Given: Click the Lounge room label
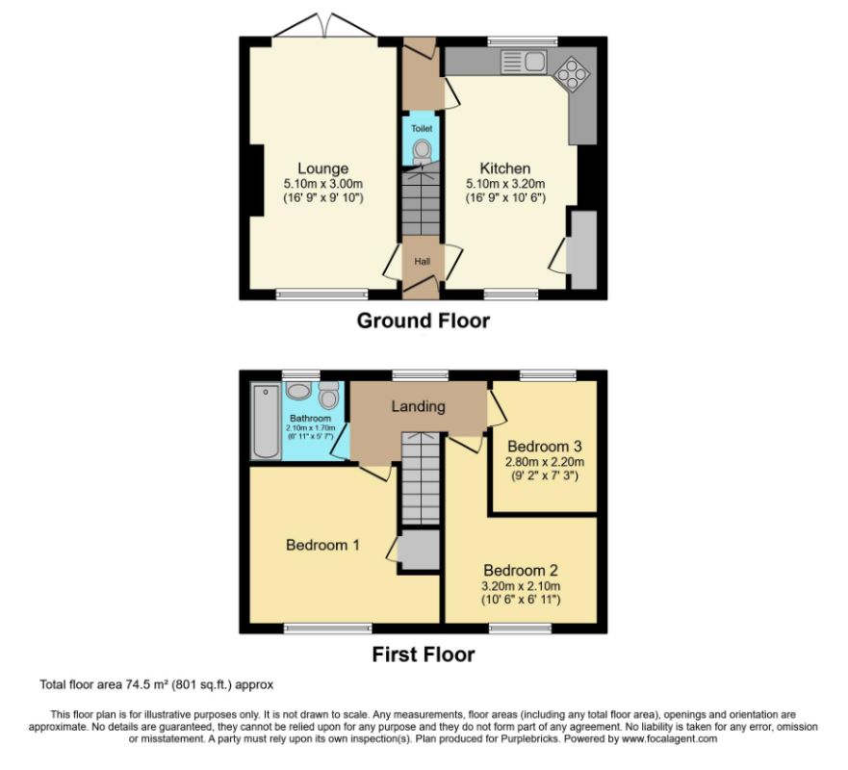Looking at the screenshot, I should (x=322, y=168).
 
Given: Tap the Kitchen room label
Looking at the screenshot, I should (x=505, y=168).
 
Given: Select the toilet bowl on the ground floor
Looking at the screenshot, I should (x=422, y=151).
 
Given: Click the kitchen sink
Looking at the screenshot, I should (x=523, y=63).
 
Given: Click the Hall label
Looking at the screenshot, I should (x=422, y=261).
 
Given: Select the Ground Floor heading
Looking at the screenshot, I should (x=423, y=321).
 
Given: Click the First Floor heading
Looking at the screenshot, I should (x=423, y=654).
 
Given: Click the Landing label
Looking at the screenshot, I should (x=418, y=406).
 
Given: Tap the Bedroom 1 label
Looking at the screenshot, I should (x=322, y=545).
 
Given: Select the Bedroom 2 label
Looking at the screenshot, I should (x=521, y=569).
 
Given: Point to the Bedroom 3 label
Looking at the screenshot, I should (x=545, y=447).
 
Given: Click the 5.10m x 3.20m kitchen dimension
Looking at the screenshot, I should (x=505, y=184).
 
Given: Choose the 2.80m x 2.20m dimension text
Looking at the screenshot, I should (x=545, y=462).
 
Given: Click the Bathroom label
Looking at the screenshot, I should (x=311, y=419).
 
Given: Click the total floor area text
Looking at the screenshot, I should (x=157, y=685).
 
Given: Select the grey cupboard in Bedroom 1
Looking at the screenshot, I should (x=419, y=551).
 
